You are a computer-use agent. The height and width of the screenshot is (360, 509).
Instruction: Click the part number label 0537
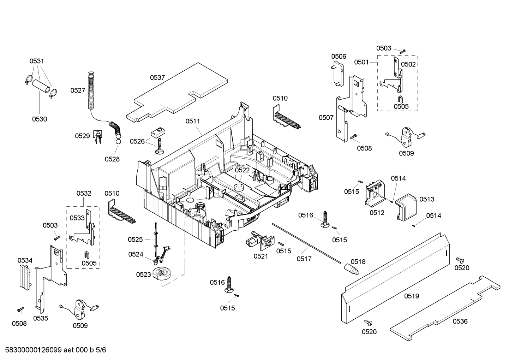point(157,78)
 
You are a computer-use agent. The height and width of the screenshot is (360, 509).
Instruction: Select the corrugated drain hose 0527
point(91,90)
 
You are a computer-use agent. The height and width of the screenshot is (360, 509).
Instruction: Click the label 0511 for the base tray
point(193,121)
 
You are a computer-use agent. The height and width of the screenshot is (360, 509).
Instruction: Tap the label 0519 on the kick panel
point(411,296)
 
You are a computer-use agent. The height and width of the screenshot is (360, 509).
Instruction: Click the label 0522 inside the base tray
point(242,170)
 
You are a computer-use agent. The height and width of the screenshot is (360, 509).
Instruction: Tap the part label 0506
point(339,57)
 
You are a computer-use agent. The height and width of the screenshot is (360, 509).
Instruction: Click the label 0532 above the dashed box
point(84,193)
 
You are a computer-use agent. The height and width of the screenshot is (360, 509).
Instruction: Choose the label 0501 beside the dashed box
point(361,62)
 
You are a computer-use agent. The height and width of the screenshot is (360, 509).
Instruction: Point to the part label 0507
point(326,118)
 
